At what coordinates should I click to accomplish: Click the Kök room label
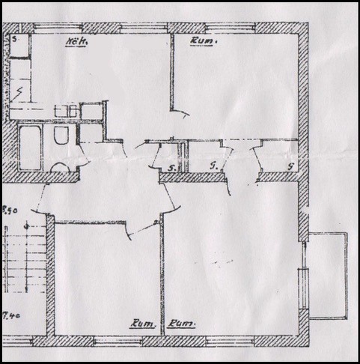[76, 42]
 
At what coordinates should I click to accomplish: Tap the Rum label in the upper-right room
[204, 42]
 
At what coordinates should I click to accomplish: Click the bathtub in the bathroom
[30, 148]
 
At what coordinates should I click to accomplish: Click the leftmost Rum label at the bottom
[141, 324]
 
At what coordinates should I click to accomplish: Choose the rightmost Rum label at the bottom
[182, 324]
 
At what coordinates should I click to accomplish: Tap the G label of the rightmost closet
[290, 166]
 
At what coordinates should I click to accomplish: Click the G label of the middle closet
[215, 163]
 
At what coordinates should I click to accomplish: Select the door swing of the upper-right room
[180, 112]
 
